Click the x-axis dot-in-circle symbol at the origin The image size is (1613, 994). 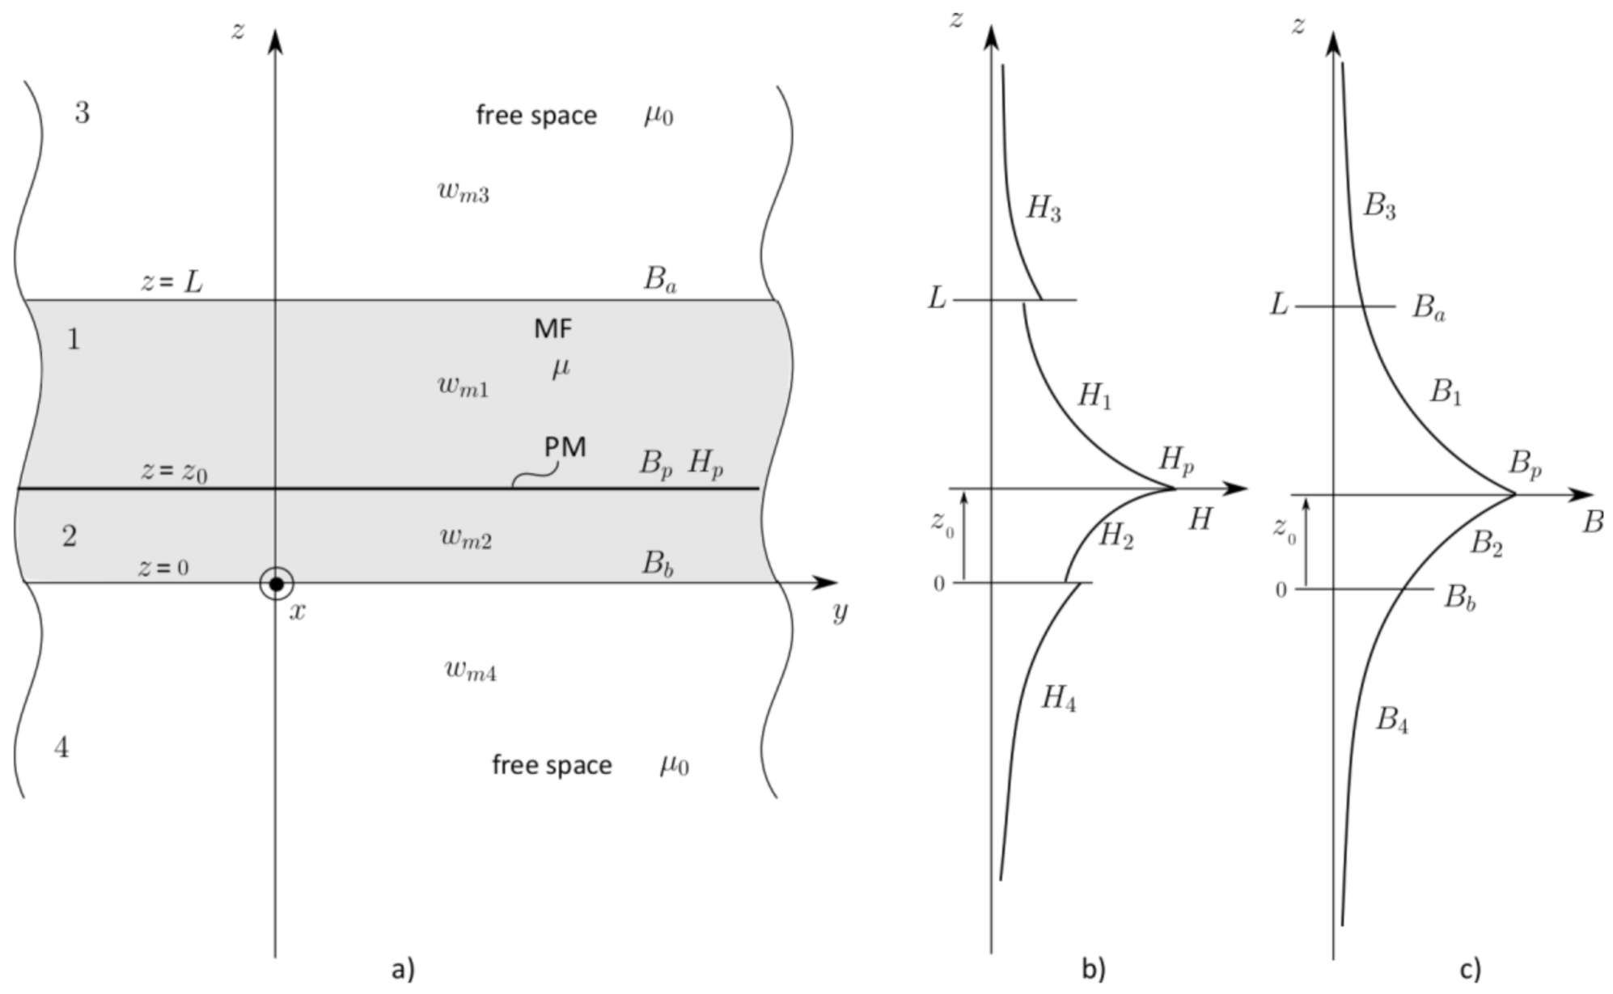tap(276, 583)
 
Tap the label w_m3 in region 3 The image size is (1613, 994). tap(464, 192)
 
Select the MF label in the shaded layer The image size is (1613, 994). tap(552, 328)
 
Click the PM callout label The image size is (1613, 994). tap(565, 447)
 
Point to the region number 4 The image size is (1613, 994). tap(61, 748)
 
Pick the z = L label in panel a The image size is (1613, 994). tap(171, 282)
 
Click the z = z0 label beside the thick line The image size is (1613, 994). tap(173, 471)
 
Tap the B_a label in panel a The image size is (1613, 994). tap(660, 280)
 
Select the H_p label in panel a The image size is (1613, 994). tap(705, 464)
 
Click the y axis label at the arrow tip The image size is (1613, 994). tap(840, 611)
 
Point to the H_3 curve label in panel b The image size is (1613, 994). tap(1044, 209)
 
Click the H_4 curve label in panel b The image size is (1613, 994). tap(1058, 697)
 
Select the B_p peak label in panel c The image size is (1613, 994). tap(1525, 463)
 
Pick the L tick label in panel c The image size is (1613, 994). tap(1279, 305)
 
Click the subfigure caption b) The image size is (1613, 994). tap(1094, 969)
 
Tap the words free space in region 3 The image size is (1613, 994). tap(536, 116)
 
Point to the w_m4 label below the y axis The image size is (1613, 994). tap(471, 670)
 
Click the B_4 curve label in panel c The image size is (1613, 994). tap(1392, 719)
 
